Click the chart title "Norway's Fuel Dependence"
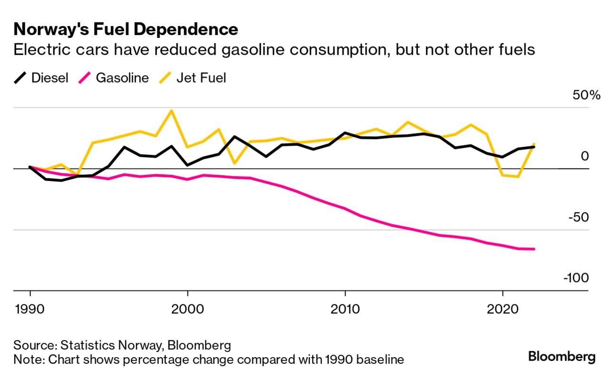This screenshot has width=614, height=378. click(126, 29)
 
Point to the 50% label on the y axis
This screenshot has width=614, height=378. click(586, 95)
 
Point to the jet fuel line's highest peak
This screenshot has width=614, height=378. click(172, 111)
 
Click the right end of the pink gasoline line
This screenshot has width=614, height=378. click(534, 249)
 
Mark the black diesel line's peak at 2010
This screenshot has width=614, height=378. click(345, 133)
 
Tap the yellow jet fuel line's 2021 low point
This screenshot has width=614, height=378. click(518, 177)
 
